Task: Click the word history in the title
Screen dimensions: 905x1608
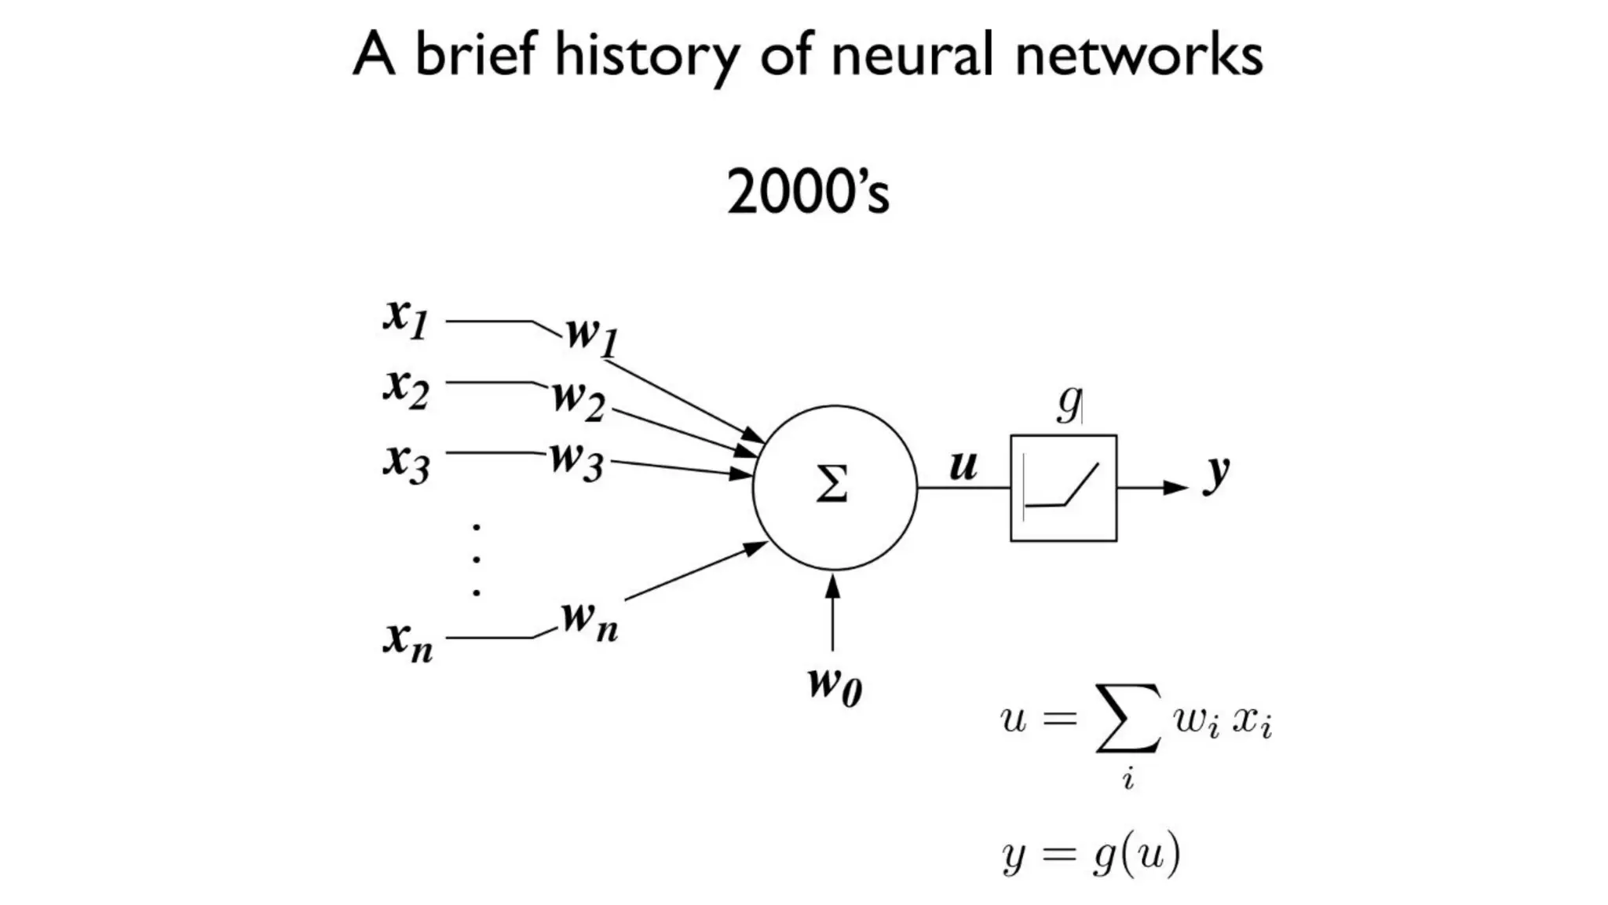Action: tap(646, 55)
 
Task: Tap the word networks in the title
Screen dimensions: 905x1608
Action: tap(1138, 55)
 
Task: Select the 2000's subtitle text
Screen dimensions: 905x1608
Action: tap(808, 192)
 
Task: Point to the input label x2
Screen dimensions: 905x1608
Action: tap(406, 387)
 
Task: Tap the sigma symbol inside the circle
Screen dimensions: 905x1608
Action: tap(832, 484)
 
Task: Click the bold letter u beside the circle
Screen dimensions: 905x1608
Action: tap(963, 464)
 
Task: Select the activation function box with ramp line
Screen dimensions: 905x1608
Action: tap(1063, 488)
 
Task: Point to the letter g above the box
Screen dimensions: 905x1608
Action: tap(1068, 403)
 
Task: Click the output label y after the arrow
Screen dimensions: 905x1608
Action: tap(1216, 472)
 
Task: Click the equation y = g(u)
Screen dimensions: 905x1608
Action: tap(1091, 854)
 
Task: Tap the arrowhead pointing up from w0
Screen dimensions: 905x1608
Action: tap(833, 585)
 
